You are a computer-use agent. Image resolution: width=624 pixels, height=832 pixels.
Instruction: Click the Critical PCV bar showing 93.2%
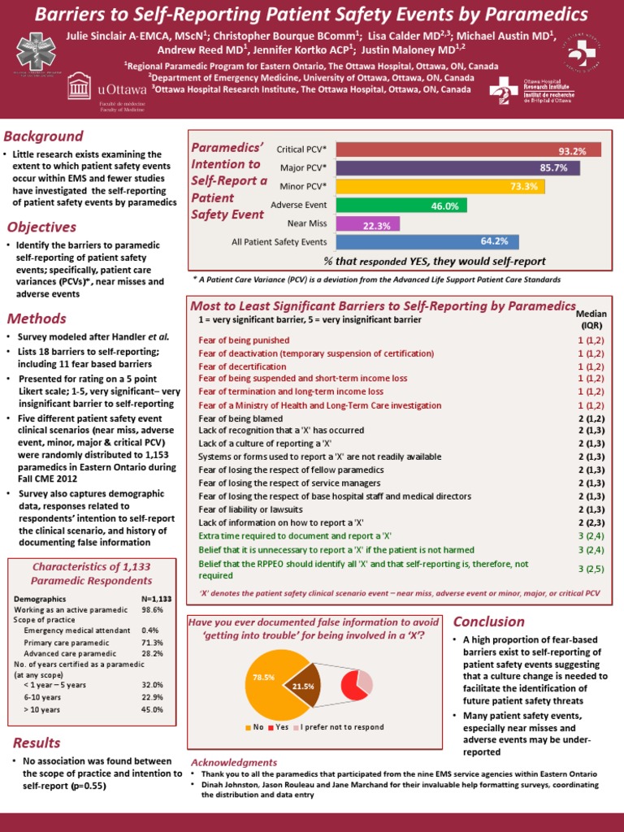click(x=468, y=150)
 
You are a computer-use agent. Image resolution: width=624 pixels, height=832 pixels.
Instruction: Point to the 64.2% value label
click(x=494, y=241)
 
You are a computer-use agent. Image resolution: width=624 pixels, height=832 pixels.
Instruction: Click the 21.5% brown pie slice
click(x=304, y=686)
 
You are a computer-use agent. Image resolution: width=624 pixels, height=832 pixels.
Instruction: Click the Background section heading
click(x=43, y=136)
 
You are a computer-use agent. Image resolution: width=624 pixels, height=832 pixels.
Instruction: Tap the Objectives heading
click(x=41, y=227)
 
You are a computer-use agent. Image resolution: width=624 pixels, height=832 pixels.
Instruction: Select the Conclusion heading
click(x=488, y=622)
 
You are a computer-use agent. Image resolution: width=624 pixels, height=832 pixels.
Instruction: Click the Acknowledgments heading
click(x=234, y=762)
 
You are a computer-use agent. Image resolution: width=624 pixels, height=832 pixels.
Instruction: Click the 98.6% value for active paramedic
click(x=152, y=609)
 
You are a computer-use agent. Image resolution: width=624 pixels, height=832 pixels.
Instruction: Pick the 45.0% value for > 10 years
click(x=152, y=709)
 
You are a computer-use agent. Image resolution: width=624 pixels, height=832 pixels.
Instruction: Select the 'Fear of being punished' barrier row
click(x=244, y=340)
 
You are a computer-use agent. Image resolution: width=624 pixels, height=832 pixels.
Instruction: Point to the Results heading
click(x=37, y=743)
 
